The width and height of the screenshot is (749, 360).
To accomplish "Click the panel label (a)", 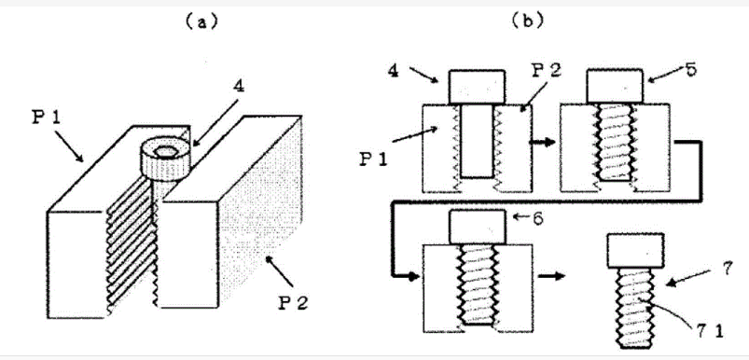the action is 201,22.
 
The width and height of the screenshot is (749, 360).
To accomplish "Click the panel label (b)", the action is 527,21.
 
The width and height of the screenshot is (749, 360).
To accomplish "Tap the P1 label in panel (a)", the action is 47,118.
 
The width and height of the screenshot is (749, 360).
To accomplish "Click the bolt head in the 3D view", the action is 164,159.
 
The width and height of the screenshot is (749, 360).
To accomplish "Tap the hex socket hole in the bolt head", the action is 165,151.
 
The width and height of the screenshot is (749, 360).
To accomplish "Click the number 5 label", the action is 690,70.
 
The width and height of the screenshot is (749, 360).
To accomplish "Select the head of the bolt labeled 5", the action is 614,86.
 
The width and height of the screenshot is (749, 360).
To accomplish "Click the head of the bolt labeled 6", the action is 477,228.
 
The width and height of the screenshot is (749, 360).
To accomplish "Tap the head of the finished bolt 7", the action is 635,251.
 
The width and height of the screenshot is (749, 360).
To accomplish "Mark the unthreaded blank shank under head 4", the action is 477,141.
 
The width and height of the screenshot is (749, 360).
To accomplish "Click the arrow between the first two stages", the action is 543,142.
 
